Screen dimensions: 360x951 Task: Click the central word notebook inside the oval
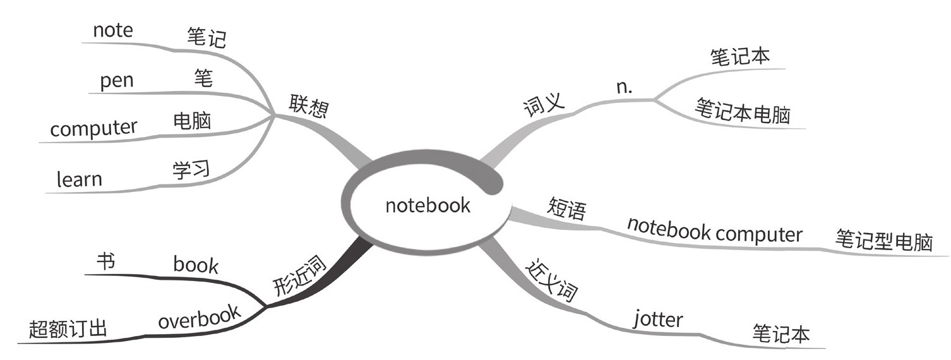pos(428,205)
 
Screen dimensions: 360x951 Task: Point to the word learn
pos(79,179)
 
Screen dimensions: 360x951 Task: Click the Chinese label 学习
pos(191,169)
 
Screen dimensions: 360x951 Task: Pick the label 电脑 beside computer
pos(192,120)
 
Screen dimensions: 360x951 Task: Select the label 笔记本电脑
pos(743,114)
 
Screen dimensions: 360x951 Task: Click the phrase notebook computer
pos(714,231)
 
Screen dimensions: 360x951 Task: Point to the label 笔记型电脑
pos(883,241)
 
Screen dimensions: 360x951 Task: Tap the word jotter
pos(657,319)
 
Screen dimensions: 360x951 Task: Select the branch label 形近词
pos(300,279)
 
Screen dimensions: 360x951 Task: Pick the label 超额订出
pos(68,329)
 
